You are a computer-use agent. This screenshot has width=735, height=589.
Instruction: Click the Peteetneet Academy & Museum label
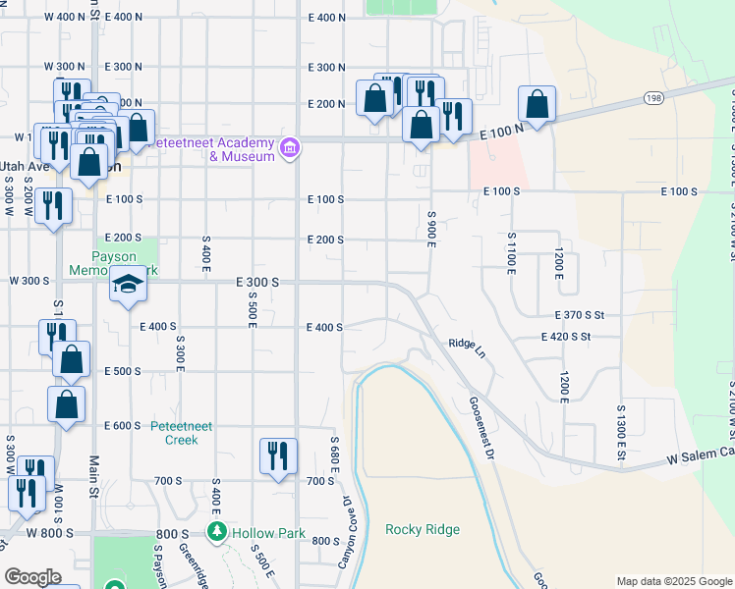click(x=211, y=149)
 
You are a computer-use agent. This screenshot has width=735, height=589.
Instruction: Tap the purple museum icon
click(x=290, y=149)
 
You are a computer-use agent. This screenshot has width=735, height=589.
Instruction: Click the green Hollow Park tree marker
click(x=217, y=532)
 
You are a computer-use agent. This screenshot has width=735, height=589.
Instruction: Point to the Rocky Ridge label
click(x=423, y=530)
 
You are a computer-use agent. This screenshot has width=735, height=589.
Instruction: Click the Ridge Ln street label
click(x=467, y=344)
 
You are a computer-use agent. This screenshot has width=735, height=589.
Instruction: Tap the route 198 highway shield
click(x=653, y=97)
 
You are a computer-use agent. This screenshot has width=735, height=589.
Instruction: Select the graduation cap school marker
click(x=127, y=286)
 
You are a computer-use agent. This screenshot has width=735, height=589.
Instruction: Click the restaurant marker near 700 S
click(x=278, y=455)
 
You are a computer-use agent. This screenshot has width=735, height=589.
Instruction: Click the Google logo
click(x=32, y=577)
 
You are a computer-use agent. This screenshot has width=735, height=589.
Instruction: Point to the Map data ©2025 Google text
click(x=673, y=581)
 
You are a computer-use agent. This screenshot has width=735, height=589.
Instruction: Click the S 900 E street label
click(x=431, y=228)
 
